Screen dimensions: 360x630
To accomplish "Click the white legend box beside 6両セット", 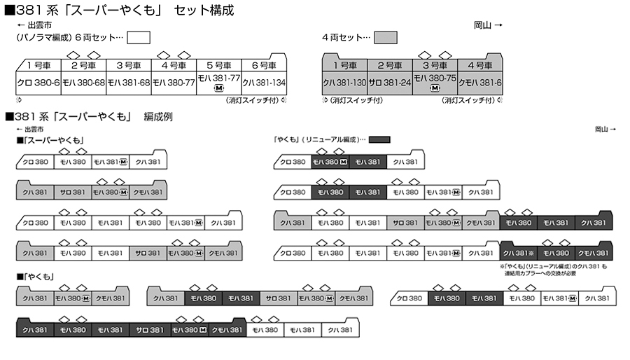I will point(139,37).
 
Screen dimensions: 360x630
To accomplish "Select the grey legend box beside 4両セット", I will point(385,37).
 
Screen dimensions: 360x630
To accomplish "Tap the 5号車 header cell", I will point(218,65).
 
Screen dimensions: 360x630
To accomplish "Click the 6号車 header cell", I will point(264,65).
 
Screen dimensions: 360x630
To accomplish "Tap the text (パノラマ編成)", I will point(43,37).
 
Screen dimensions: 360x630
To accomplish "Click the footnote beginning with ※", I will point(556,270).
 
